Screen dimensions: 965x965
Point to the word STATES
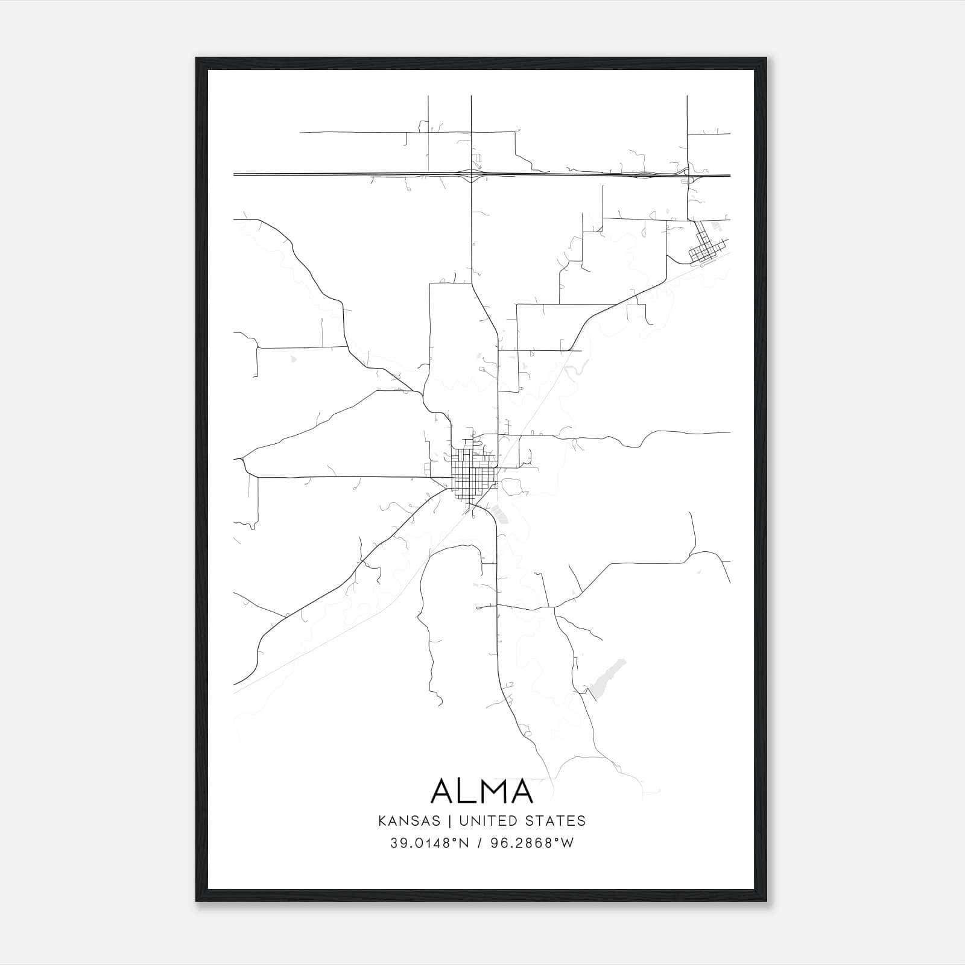[554, 821]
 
